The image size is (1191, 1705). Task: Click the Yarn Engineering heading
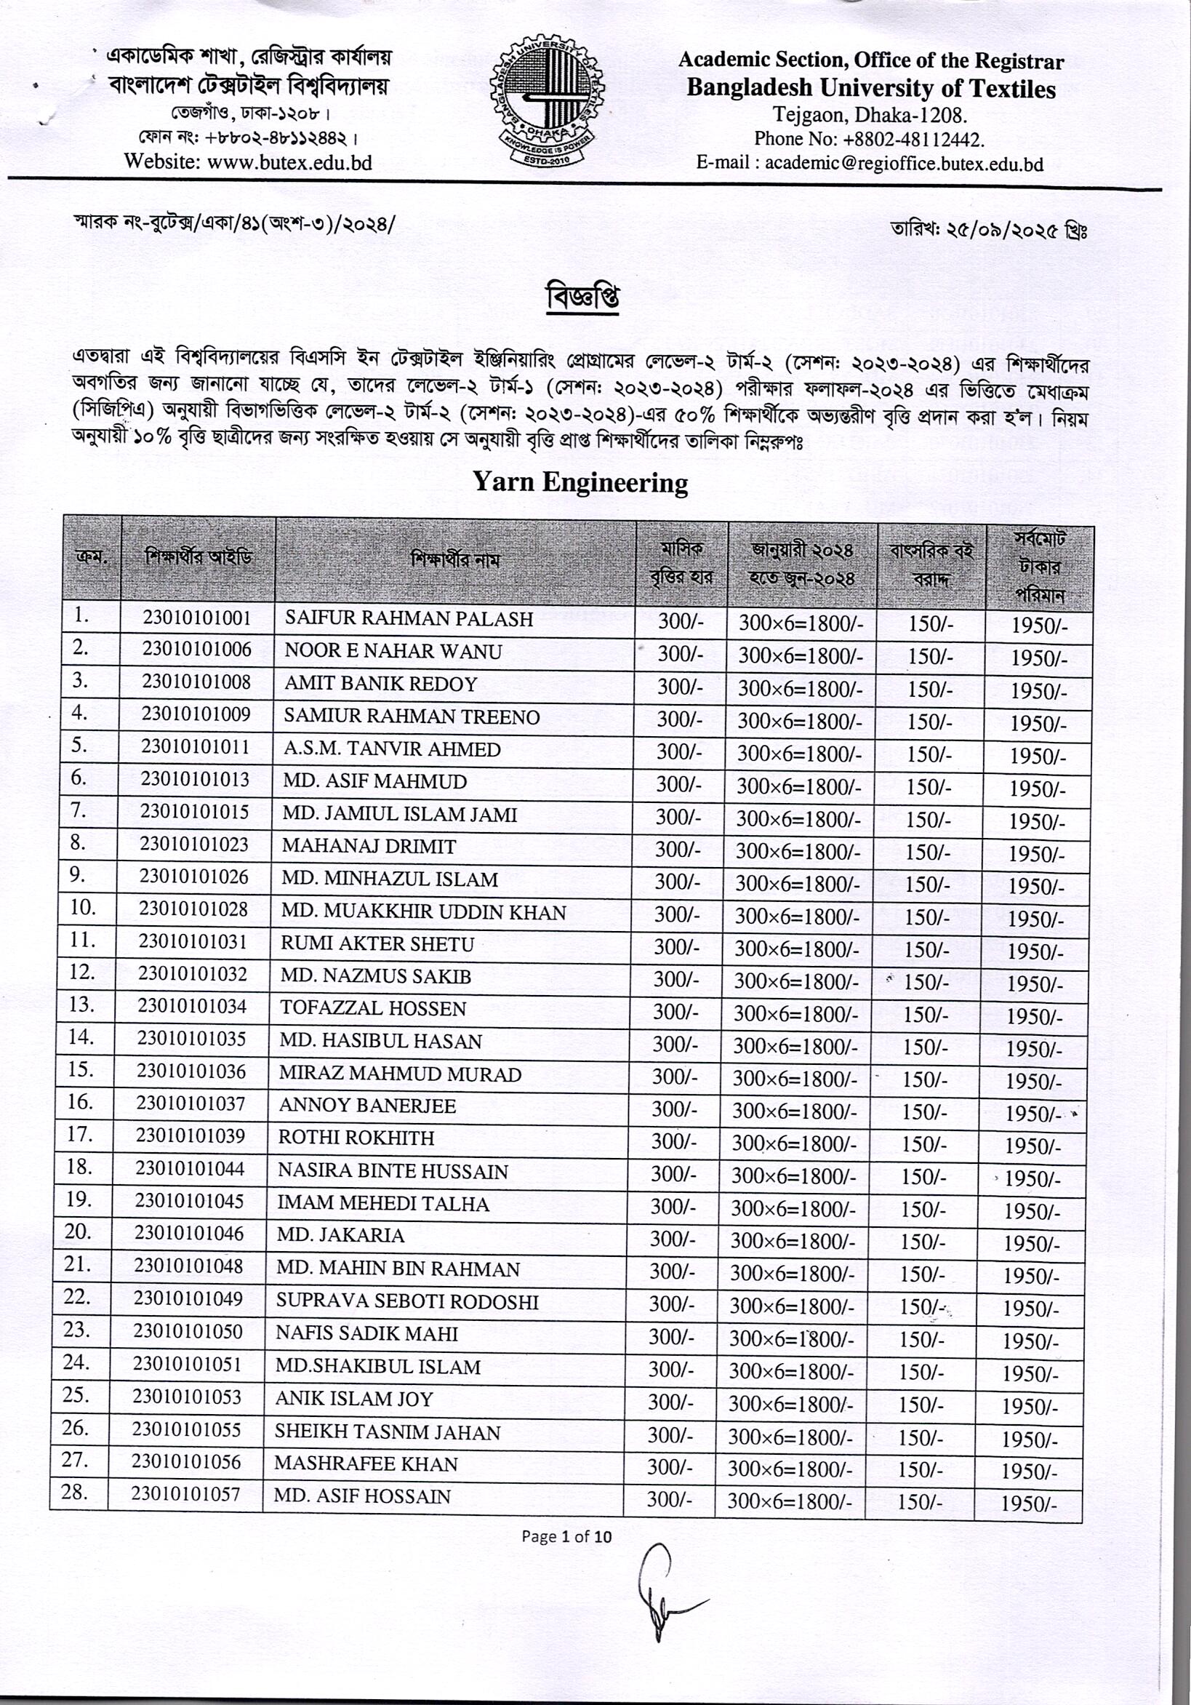click(581, 484)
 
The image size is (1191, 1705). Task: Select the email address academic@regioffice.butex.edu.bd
click(904, 164)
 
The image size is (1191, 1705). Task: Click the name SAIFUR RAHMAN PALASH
click(409, 619)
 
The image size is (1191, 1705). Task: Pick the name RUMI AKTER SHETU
click(377, 944)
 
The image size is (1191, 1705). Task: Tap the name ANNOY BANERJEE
click(367, 1106)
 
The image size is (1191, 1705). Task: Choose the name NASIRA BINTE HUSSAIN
click(393, 1171)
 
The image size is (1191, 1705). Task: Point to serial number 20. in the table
click(77, 1232)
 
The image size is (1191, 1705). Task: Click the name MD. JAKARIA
click(341, 1236)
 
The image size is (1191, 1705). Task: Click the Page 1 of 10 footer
click(566, 1536)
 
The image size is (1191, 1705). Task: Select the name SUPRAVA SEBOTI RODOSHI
click(408, 1302)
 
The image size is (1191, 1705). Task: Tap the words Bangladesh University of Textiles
click(870, 89)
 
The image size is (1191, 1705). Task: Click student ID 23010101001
click(197, 618)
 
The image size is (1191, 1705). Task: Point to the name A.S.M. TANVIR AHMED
click(392, 749)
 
